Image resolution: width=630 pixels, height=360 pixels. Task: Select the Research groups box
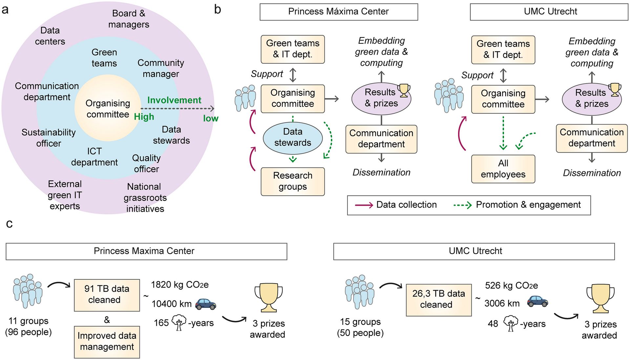pos(293,181)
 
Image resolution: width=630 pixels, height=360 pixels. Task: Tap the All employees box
pos(503,169)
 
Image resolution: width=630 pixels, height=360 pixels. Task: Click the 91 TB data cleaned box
pos(107,295)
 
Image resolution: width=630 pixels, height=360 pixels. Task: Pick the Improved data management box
pos(107,342)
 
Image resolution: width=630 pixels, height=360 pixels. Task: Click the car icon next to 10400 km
pos(206,304)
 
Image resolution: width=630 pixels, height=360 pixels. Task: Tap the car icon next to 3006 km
pos(537,301)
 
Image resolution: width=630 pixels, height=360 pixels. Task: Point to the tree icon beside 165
pos(179,322)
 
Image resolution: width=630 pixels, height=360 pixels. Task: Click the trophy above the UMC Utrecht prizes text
pos(600,298)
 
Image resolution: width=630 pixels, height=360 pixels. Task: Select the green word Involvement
pos(174,100)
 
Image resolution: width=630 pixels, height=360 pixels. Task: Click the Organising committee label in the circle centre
pos(108,109)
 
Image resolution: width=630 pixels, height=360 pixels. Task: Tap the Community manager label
pos(161,68)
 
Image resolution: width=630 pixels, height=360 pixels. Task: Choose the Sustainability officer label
pos(49,138)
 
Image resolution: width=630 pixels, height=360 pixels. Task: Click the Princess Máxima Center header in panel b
pos(339,12)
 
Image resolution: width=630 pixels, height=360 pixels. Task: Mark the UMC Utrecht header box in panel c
pos(474,251)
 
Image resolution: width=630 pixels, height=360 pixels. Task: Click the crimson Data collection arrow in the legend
pos(364,205)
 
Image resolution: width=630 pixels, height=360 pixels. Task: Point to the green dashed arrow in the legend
pos(462,205)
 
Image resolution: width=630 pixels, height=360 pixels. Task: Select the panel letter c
pos(10,224)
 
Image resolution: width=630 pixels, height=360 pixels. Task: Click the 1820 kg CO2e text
pos(180,285)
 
